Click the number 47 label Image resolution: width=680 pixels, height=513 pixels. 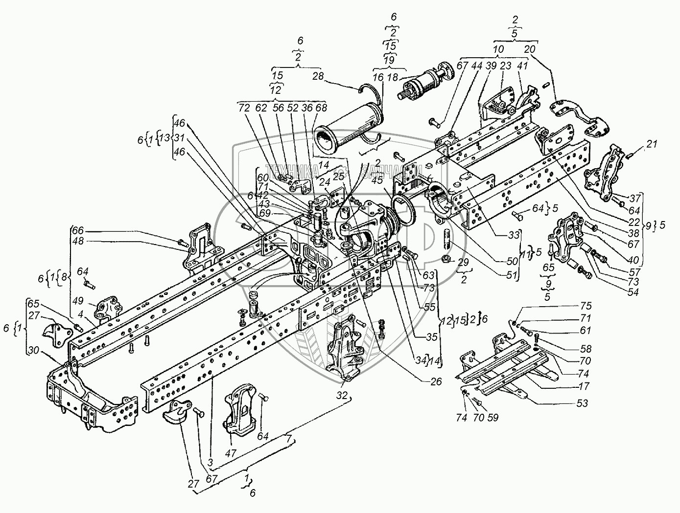pos(232,454)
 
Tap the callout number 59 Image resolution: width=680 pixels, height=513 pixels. pos(493,418)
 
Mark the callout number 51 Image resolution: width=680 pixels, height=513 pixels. pos(512,275)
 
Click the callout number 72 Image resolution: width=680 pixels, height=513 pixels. pos(243,107)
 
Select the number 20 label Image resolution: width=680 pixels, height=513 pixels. pos(529,49)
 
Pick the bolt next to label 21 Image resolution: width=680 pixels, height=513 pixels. pos(629,156)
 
